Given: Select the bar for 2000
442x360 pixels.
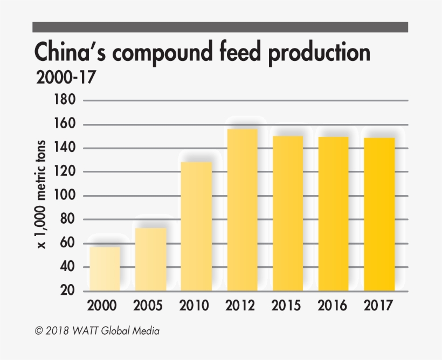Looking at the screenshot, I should point(105,269).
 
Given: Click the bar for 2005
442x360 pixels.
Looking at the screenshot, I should point(150,259).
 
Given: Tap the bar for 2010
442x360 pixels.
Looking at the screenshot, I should point(196,226).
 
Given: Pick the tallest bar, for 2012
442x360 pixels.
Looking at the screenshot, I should point(242,210).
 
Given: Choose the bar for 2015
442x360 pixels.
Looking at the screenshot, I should point(288,213).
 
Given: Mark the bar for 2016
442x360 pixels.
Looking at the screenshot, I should point(333,214).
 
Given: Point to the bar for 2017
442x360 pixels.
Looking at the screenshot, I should point(379,214).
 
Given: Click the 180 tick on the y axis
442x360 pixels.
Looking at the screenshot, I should point(65,100).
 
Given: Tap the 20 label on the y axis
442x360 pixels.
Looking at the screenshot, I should point(67,291).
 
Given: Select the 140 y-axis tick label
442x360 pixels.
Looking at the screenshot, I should point(65,148).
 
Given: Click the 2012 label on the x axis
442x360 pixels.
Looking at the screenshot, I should point(241,306).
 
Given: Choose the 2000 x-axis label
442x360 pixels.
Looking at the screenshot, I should point(102,306).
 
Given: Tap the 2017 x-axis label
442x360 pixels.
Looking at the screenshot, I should point(378,306).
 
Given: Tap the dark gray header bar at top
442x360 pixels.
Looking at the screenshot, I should point(220,27).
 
